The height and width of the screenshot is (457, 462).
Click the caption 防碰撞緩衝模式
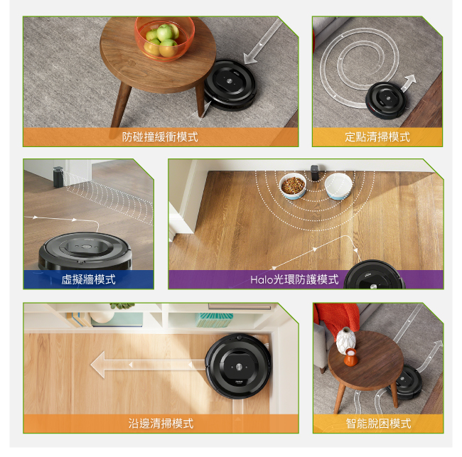(160, 136)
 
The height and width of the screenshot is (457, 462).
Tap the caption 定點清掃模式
(377, 136)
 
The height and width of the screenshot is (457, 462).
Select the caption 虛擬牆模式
(88, 279)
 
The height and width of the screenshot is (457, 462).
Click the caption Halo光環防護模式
(294, 279)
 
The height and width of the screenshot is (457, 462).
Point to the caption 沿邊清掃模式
(161, 424)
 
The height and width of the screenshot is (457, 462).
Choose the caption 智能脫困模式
(378, 424)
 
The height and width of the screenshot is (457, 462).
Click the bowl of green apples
(164, 38)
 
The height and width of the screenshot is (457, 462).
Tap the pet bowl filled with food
(293, 186)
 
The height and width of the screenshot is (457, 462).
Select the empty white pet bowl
(338, 186)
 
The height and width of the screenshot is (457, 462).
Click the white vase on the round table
(346, 340)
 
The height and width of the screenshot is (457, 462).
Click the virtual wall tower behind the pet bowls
(315, 173)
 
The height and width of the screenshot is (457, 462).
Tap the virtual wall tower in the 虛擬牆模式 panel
(58, 177)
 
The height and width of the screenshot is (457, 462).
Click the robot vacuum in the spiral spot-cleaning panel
(386, 100)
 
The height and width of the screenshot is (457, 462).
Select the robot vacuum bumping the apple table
(230, 85)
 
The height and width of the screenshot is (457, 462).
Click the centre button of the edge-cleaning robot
(239, 367)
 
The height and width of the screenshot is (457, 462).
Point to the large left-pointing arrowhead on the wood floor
(98, 365)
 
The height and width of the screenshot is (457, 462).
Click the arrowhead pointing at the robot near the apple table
(250, 58)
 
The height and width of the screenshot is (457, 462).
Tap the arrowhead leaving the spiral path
(410, 80)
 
